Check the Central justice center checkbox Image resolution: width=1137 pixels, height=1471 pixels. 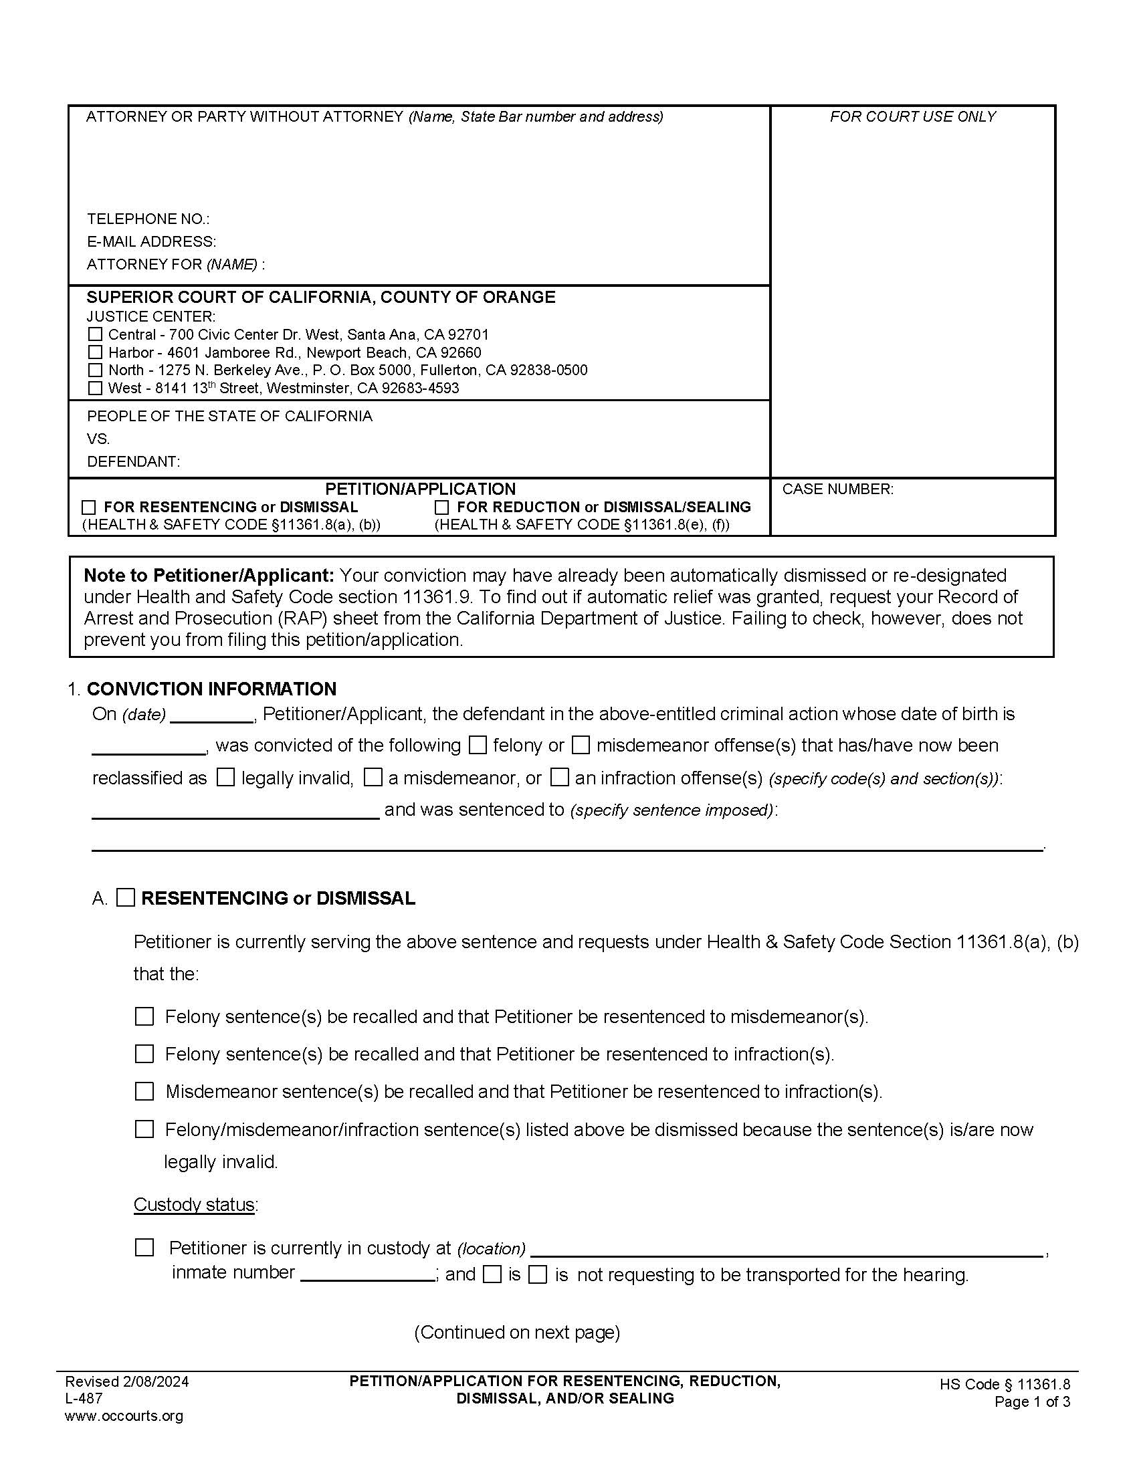[96, 334]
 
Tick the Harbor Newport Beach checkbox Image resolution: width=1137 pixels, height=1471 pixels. [96, 352]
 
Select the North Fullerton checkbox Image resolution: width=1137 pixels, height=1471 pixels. [96, 370]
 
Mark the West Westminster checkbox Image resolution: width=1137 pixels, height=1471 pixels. [96, 388]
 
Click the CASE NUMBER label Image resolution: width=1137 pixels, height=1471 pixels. [837, 489]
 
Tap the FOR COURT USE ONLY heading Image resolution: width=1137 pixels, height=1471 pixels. [912, 116]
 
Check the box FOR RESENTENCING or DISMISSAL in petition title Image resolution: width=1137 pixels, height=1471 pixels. [88, 507]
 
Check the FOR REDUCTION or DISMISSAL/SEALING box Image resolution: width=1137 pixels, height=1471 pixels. [442, 507]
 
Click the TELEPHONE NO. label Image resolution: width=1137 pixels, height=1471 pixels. [148, 219]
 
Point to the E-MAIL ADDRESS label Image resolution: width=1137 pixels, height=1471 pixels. [152, 241]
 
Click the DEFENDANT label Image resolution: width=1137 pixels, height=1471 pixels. [133, 461]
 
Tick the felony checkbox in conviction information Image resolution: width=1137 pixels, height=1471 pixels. [478, 745]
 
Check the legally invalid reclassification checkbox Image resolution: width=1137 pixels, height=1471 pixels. [225, 777]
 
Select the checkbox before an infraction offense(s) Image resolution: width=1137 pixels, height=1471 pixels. [559, 777]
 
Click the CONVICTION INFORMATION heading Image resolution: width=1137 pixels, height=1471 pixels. [211, 688]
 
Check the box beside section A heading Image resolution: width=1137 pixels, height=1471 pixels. [126, 898]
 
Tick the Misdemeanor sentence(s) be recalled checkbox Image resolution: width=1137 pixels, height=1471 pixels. [144, 1091]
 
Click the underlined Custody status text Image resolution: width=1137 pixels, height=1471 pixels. [194, 1204]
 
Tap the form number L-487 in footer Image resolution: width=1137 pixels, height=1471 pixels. [84, 1397]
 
